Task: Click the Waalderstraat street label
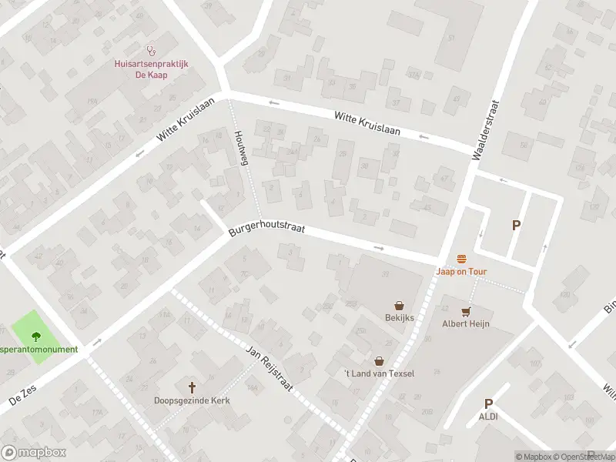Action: [486, 129]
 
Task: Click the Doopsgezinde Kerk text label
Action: [192, 400]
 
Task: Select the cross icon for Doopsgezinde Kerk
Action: [192, 387]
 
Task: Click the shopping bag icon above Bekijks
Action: [399, 306]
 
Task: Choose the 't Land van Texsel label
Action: [379, 373]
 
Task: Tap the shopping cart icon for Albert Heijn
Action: [465, 312]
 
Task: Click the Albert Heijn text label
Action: [465, 324]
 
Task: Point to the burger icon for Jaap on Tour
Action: [462, 259]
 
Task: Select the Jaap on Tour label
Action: [462, 272]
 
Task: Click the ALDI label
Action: [488, 417]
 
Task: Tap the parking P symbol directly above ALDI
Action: [488, 403]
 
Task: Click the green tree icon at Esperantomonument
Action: [36, 335]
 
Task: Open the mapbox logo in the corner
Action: [33, 452]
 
